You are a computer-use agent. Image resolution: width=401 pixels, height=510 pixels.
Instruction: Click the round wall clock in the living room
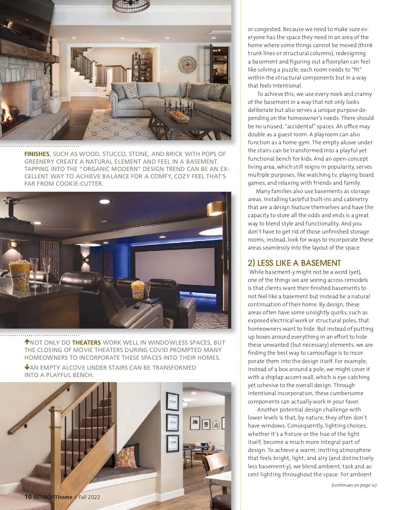(187, 64)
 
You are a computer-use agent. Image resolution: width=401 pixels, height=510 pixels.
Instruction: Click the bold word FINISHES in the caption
(37, 154)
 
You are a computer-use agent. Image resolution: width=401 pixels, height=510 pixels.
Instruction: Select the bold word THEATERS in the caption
(86, 343)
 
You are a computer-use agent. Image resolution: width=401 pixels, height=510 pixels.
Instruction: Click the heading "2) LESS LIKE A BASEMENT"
(294, 263)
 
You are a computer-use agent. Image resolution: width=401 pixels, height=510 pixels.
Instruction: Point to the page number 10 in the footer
(28, 497)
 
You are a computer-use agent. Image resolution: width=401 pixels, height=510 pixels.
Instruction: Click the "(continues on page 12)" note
(354, 485)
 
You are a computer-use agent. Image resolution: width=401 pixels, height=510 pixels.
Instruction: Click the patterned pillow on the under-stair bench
(125, 456)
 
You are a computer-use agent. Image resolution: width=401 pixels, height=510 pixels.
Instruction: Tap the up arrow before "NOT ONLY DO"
(27, 342)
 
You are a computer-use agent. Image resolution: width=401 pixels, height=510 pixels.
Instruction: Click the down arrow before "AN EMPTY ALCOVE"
(27, 367)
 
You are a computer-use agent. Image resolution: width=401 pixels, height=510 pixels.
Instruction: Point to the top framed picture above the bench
(172, 401)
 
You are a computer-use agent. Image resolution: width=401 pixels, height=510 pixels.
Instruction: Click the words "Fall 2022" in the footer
(89, 497)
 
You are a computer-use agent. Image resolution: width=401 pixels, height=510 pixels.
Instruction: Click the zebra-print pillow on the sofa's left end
(130, 90)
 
